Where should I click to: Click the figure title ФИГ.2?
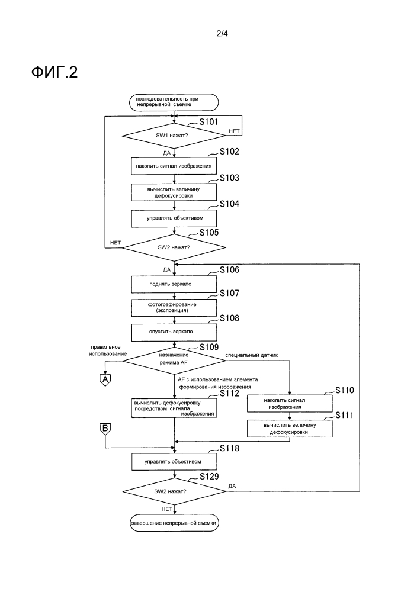click(x=54, y=72)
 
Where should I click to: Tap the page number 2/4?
click(x=222, y=34)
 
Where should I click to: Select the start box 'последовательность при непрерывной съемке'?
click(x=174, y=101)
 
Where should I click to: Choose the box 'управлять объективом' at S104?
click(x=174, y=218)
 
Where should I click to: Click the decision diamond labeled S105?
click(x=174, y=246)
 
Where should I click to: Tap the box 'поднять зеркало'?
click(x=174, y=284)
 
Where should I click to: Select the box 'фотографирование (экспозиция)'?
click(x=174, y=307)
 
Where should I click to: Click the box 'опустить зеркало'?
click(x=174, y=332)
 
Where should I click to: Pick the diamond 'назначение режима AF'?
click(x=174, y=360)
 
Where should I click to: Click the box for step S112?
click(x=174, y=408)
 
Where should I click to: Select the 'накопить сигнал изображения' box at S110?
click(x=290, y=403)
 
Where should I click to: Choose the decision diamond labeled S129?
click(x=174, y=491)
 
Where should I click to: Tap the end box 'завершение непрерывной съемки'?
click(x=174, y=523)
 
